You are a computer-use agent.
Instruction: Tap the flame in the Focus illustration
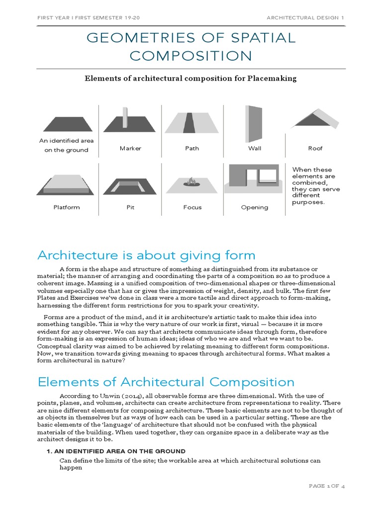pos(191,181)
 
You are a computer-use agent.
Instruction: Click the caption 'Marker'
pos(130,148)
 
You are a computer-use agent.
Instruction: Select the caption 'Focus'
pos(192,207)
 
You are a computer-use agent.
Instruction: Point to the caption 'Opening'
pos(254,207)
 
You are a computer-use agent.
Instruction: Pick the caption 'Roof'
pos(315,148)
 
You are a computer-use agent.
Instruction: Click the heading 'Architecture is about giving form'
pos(146,255)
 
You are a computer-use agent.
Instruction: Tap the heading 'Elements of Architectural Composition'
pos(166,382)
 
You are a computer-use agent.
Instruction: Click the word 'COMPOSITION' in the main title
pos(191,56)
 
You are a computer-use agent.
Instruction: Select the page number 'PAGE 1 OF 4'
pos(326,486)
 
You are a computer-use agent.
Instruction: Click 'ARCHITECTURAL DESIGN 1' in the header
pos(305,17)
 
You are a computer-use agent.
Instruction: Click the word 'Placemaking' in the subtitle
pos(271,78)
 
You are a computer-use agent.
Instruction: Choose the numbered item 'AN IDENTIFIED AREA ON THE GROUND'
pos(122,451)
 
